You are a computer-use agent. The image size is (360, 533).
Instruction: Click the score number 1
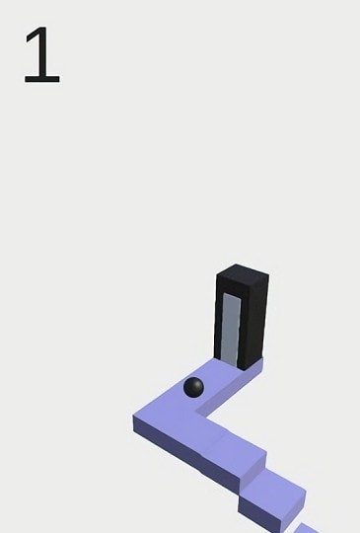pyautogui.click(x=42, y=54)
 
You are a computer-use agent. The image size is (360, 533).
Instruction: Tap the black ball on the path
pyautogui.click(x=193, y=388)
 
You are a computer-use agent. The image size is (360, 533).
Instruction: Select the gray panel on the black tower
pyautogui.click(x=231, y=330)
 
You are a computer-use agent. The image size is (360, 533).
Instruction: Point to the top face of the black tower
pyautogui.click(x=243, y=273)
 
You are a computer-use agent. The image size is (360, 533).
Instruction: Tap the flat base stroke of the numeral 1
pyautogui.click(x=42, y=81)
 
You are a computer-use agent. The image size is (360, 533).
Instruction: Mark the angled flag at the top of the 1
pyautogui.click(x=33, y=35)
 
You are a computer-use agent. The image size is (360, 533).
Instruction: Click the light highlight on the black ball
pyautogui.click(x=190, y=383)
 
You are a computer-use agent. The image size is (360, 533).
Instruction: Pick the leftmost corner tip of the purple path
pyautogui.click(x=133, y=418)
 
